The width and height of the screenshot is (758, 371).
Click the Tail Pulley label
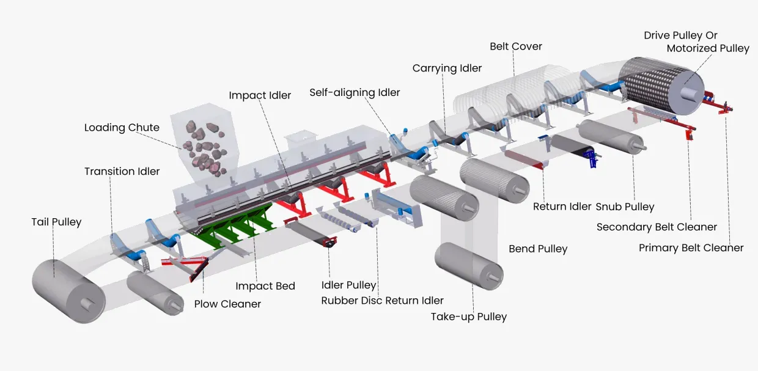coord(56,222)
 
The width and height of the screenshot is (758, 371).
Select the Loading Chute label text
coord(122,128)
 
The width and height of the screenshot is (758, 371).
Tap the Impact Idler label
coord(260,95)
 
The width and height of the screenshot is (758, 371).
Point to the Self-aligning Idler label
coord(355,93)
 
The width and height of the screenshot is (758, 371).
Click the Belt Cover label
coord(516,46)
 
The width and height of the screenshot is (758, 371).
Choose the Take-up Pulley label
coord(469,317)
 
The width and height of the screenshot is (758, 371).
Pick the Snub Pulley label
coord(625,207)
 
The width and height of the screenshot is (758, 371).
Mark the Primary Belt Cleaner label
coord(691,248)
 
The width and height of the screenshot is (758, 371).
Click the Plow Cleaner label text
coord(227,304)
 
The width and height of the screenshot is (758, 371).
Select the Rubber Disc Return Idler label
coord(383,300)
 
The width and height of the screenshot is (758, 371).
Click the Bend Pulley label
coord(538,249)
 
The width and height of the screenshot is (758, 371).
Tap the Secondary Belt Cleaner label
coord(657,227)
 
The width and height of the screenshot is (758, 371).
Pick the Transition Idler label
coord(122,171)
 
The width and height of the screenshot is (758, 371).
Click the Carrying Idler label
coord(447,68)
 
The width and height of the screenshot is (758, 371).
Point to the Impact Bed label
coord(265,286)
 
